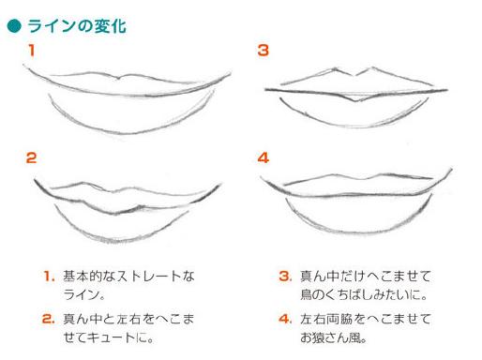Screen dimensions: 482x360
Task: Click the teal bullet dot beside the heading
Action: (x=14, y=26)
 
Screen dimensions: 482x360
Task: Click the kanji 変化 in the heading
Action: (x=111, y=26)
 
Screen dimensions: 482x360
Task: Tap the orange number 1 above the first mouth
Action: (x=31, y=51)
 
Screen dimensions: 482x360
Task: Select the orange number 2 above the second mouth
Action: (x=31, y=157)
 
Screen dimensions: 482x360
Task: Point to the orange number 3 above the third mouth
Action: (x=263, y=51)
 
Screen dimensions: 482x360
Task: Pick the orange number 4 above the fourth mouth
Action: (x=264, y=157)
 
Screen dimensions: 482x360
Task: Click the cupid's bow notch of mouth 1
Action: (x=118, y=78)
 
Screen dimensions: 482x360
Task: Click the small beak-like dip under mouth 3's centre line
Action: (x=354, y=100)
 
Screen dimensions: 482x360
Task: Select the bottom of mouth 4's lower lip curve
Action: (x=356, y=232)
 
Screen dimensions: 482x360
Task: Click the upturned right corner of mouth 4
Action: (x=451, y=170)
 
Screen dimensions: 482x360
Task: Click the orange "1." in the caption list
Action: (x=49, y=277)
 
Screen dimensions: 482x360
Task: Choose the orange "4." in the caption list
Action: (x=286, y=319)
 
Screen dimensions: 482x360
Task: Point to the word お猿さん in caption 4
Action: (x=322, y=337)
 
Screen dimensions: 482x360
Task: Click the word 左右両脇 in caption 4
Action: (x=326, y=319)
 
